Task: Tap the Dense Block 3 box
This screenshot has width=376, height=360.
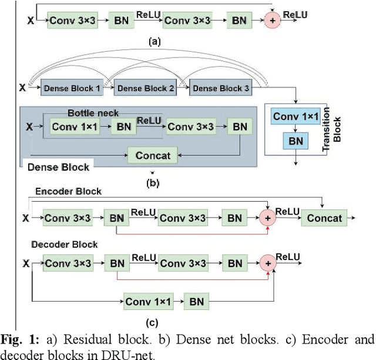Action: click(221, 88)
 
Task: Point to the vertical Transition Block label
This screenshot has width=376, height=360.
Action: click(337, 130)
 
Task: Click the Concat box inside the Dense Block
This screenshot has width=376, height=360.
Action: click(153, 155)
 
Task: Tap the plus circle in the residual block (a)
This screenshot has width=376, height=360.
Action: click(271, 21)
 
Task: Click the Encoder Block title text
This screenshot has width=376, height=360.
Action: click(69, 191)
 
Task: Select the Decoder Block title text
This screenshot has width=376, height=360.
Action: click(66, 244)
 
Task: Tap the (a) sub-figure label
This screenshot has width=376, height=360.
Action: click(154, 42)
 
